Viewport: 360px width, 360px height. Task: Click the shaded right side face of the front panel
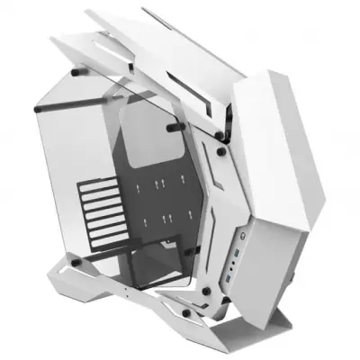pyautogui.click(x=310, y=180)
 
